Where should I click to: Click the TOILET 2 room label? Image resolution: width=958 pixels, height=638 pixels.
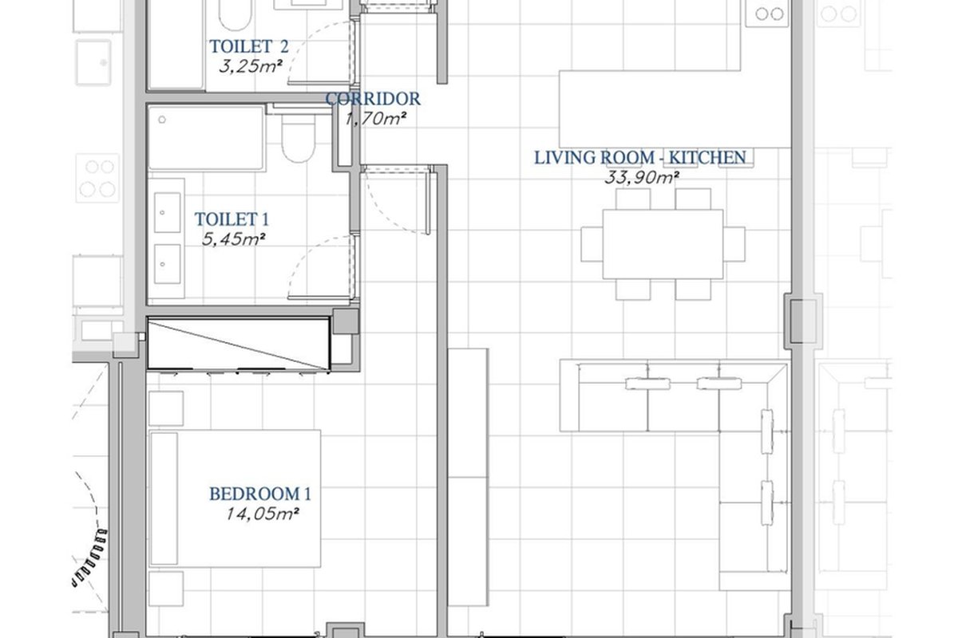(248, 46)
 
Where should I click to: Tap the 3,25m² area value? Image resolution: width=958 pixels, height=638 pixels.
(251, 66)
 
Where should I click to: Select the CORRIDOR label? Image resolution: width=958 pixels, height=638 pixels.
(373, 99)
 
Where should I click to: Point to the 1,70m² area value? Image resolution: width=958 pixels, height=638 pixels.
(375, 119)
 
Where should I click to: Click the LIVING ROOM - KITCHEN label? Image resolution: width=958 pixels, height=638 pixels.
(640, 158)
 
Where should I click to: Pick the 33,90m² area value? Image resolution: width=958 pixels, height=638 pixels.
(642, 177)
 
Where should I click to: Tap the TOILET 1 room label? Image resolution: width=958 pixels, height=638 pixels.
(232, 219)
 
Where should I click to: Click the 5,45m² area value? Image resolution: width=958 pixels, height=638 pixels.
(233, 239)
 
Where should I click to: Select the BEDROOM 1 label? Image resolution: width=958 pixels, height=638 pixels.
(260, 494)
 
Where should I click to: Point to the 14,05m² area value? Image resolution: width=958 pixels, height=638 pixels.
(262, 514)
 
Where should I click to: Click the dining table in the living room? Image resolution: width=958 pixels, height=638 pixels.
(663, 244)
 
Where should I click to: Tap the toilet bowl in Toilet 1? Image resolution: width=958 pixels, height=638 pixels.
(299, 137)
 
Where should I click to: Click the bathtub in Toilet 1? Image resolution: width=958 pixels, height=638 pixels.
(207, 138)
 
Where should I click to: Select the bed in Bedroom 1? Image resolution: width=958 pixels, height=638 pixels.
(235, 498)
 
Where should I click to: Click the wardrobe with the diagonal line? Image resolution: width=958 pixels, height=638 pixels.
(239, 344)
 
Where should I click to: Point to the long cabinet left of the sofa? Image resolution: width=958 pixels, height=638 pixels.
(468, 477)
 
